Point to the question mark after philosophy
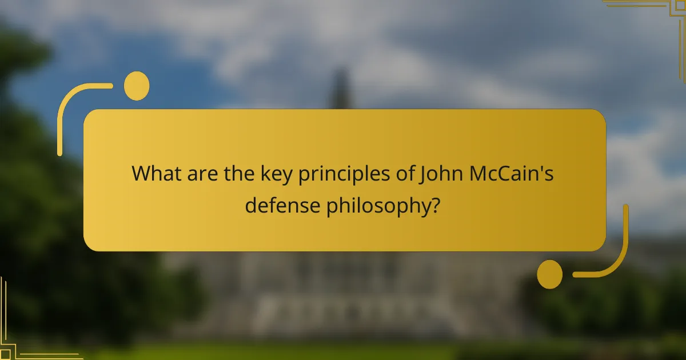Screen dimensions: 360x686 click(435, 204)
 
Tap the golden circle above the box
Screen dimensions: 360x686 click(137, 86)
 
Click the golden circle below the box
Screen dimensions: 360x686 click(549, 274)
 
